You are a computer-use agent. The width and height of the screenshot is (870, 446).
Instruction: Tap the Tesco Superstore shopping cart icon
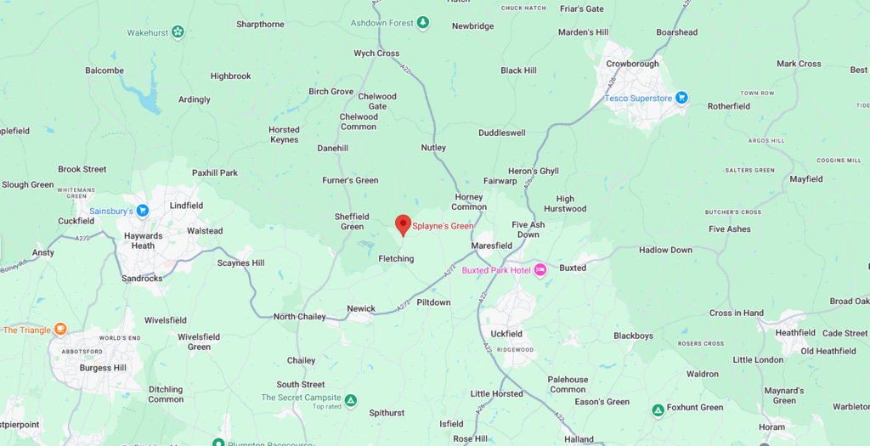pos(681,99)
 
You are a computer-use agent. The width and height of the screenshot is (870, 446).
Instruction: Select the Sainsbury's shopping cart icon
pos(142,211)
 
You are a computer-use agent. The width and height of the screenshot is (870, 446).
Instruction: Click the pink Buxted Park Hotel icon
pos(540,270)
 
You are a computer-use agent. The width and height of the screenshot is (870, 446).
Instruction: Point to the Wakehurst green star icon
pos(178,32)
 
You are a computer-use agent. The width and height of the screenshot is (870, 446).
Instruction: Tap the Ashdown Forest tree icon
pos(422,22)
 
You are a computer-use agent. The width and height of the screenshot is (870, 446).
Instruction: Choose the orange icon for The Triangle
pos(59,330)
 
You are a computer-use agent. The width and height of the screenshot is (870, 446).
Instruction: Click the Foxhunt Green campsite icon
pos(658,410)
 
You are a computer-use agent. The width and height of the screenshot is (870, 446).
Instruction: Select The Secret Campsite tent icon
pos(350,398)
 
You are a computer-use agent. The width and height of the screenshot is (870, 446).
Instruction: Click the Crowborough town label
pos(632,64)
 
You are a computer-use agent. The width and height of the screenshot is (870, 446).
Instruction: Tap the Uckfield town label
pos(506,334)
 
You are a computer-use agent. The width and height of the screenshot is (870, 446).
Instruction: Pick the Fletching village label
pos(396,258)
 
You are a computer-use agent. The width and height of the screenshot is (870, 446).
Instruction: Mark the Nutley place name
pos(433,148)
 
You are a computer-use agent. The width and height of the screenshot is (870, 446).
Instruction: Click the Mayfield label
pos(805,179)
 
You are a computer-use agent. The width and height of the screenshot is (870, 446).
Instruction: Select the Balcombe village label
pos(105,71)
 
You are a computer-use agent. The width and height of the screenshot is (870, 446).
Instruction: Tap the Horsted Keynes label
pos(284,135)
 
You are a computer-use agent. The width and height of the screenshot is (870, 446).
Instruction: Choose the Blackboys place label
pos(633,336)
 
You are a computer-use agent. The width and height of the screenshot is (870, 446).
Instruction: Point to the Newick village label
pos(361,308)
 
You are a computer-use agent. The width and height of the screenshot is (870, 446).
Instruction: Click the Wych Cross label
pos(376,54)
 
